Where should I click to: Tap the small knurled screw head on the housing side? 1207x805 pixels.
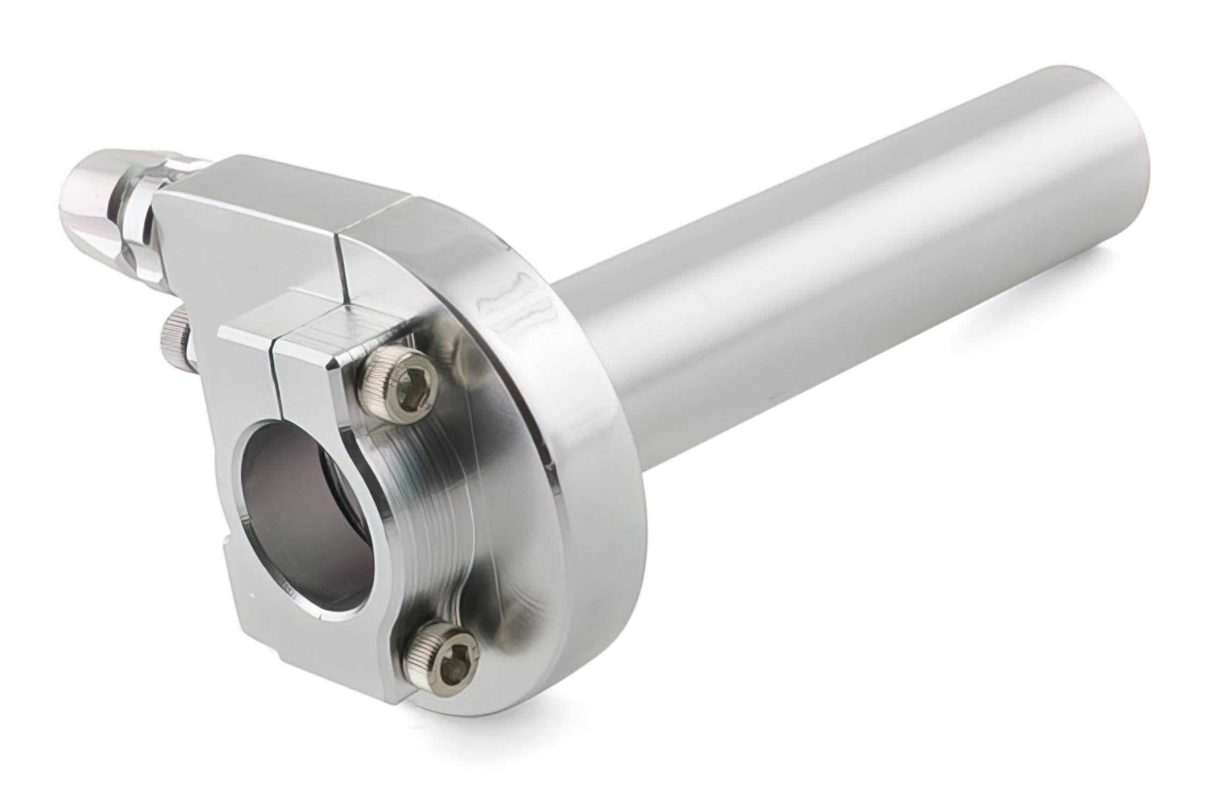point(175,338)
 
